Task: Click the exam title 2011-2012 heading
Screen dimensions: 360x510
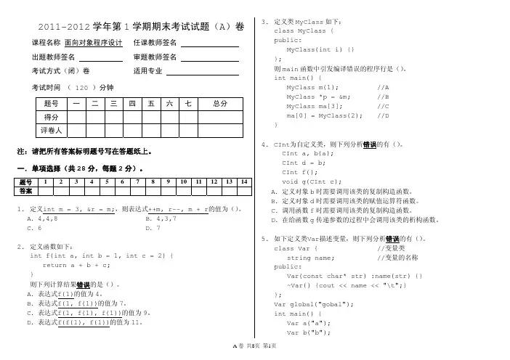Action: tap(140, 26)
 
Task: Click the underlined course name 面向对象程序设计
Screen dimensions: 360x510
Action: tap(93, 43)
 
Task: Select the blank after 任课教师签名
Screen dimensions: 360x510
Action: tap(209, 43)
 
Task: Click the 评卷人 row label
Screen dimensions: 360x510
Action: tap(51, 130)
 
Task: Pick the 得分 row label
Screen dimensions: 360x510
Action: tap(51, 117)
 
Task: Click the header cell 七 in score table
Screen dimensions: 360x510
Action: tap(187, 104)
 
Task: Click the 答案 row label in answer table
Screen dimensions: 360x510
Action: tap(25, 190)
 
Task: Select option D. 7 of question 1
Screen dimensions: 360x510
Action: tap(153, 228)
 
